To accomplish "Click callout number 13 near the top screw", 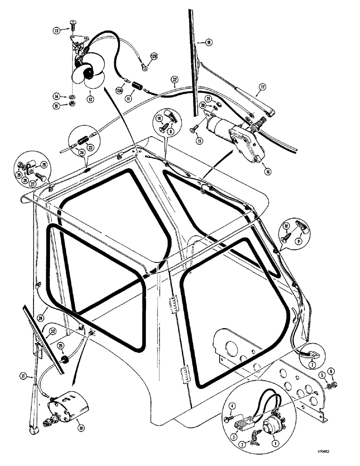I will pyautogui.click(x=57, y=30).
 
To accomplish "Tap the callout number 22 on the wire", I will pyautogui.click(x=174, y=80).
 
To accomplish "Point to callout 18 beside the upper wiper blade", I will pyautogui.click(x=208, y=42).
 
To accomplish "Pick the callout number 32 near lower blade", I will pyautogui.click(x=53, y=331).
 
